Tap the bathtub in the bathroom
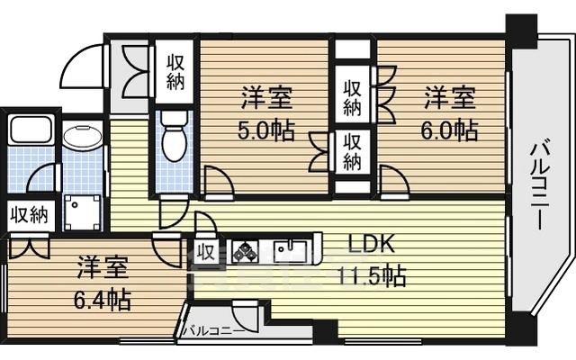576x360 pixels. (31, 130)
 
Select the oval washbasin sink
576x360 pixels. (82, 137)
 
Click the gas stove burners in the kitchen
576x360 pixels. (245, 251)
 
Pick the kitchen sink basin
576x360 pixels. (291, 251)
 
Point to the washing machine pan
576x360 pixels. (82, 212)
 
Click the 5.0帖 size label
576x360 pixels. (266, 131)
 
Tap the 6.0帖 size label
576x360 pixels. (449, 130)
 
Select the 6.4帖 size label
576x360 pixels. (102, 301)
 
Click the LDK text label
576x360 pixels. (371, 245)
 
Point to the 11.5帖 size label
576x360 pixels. (372, 276)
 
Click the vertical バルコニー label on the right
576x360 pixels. (540, 186)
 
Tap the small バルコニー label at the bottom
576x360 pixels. (214, 330)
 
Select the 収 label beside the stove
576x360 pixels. (206, 252)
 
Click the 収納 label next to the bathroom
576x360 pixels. (29, 215)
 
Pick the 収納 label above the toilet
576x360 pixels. (175, 72)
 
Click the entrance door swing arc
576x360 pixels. (82, 66)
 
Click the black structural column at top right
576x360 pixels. (521, 31)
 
